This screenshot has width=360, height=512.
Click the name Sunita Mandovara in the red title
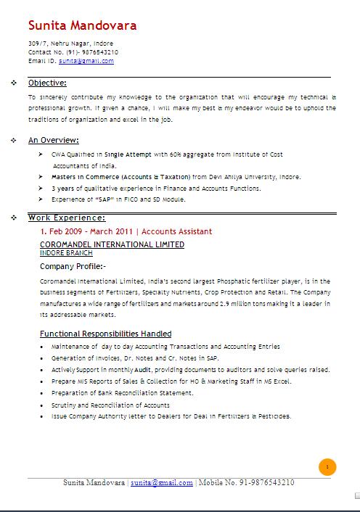(x=82, y=26)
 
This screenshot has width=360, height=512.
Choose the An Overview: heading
(x=54, y=140)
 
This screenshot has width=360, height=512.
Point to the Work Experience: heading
(x=67, y=218)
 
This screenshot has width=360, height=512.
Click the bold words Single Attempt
(x=128, y=154)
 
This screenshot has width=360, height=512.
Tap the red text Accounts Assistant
(x=177, y=231)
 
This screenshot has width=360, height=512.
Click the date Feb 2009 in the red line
(x=66, y=231)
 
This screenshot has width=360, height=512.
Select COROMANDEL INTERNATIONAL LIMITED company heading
(x=112, y=244)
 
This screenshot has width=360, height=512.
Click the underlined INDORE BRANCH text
(x=65, y=253)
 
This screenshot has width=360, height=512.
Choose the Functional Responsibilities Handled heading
(x=105, y=334)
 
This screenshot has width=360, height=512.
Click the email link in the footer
(x=162, y=482)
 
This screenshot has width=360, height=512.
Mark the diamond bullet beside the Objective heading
(x=14, y=83)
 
